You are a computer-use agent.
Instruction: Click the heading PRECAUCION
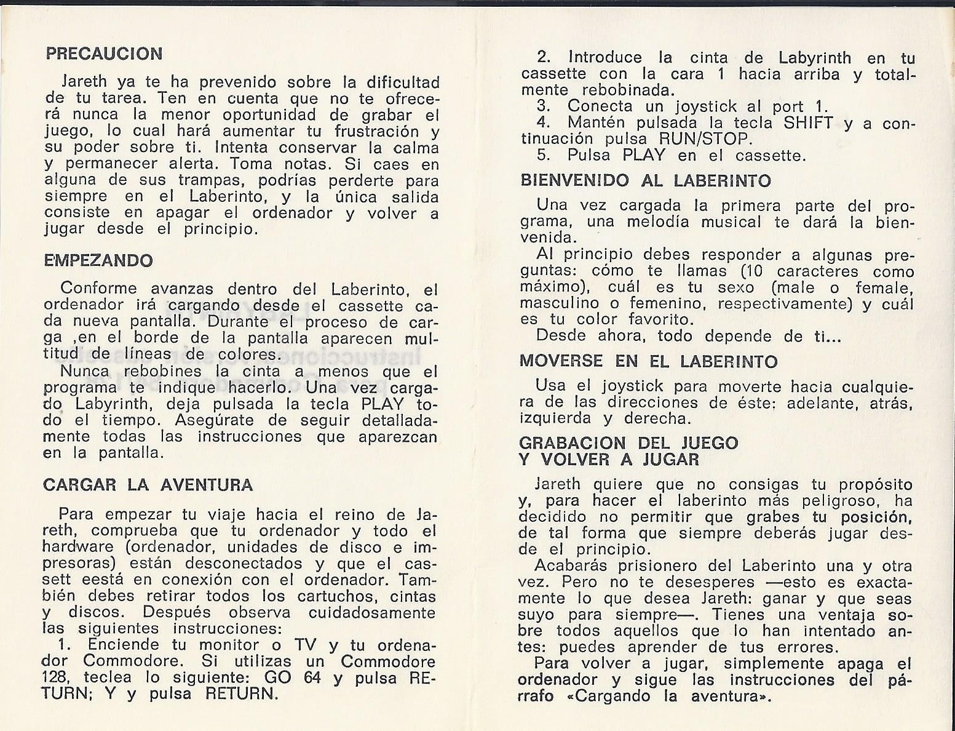pyautogui.click(x=105, y=54)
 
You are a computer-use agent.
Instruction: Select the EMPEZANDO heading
pyautogui.click(x=98, y=260)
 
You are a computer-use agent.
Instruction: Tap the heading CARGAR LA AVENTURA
pyautogui.click(x=148, y=485)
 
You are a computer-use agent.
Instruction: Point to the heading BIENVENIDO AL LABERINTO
pyautogui.click(x=645, y=180)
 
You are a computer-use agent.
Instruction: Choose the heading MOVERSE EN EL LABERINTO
pyautogui.click(x=649, y=361)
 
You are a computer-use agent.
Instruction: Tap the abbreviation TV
pyautogui.click(x=305, y=645)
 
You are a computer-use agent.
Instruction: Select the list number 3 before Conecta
pyautogui.click(x=543, y=106)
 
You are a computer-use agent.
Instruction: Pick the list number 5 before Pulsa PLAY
pyautogui.click(x=543, y=155)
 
